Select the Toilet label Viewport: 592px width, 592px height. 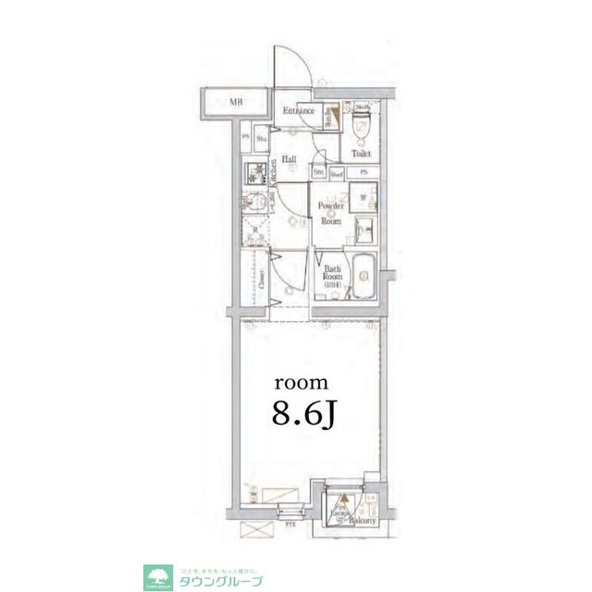(362, 155)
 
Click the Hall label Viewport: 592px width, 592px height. (289, 159)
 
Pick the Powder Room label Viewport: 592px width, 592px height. (330, 213)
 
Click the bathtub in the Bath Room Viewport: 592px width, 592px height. (362, 274)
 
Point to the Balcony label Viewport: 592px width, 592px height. (360, 521)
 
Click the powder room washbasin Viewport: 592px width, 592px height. (364, 230)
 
